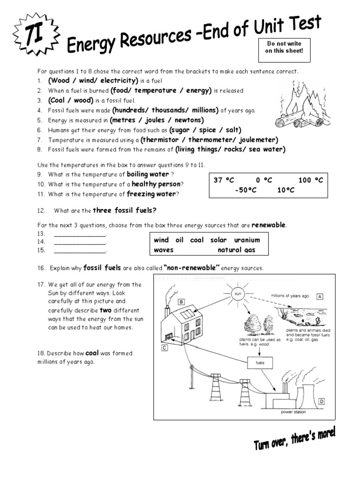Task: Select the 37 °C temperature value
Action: [x=224, y=180]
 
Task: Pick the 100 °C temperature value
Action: [x=311, y=180]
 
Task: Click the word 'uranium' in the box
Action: [x=247, y=240]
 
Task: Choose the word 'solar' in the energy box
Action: [x=218, y=240]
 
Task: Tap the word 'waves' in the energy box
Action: [x=164, y=250]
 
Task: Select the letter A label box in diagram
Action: [x=321, y=296]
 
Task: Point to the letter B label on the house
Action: [x=180, y=301]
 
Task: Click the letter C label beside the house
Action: [x=165, y=347]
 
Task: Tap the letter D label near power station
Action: [x=322, y=401]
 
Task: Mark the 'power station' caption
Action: [x=293, y=412]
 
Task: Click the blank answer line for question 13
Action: [x=80, y=234]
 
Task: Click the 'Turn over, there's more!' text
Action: [x=295, y=441]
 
